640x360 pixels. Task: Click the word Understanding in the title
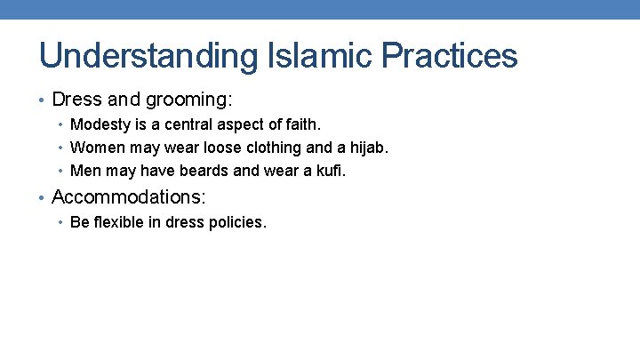[147, 56]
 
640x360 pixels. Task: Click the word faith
[300, 124]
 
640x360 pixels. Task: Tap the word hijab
[368, 147]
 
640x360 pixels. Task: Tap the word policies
[236, 222]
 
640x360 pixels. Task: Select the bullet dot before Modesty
[61, 125]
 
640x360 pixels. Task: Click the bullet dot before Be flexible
[61, 223]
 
